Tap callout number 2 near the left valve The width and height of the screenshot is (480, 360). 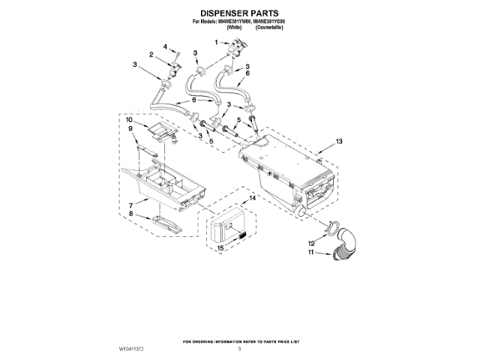tap(151, 55)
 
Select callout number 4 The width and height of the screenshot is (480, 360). tap(165, 47)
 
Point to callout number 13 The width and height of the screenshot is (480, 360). tap(339, 141)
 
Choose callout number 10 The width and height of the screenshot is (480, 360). tap(129, 120)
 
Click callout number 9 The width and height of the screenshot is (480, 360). tap(132, 130)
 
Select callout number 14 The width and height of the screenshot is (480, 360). tap(253, 198)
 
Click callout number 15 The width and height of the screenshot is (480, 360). tap(220, 247)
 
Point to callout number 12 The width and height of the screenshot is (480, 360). tap(310, 244)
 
